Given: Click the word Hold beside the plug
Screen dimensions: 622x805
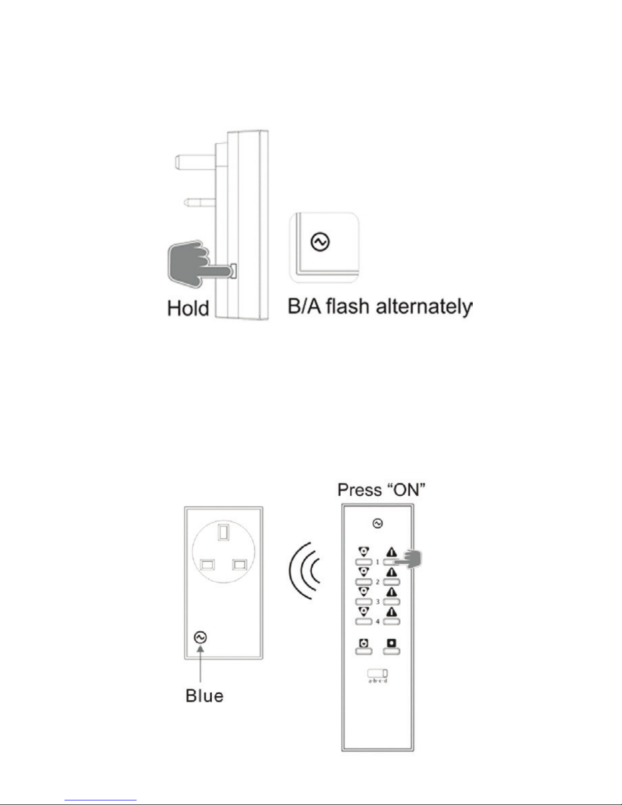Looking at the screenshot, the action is [x=188, y=308].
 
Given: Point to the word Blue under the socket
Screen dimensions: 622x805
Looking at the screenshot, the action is [x=204, y=696].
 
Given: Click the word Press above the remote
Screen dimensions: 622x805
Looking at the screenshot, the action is [x=359, y=490].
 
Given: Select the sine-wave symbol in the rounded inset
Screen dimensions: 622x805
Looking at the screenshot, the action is [x=320, y=242].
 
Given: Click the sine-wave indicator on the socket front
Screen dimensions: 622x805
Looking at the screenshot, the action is [x=200, y=637].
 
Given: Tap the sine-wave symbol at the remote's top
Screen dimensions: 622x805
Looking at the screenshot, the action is [x=378, y=524].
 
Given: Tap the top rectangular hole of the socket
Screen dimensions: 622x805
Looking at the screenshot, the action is [x=223, y=532].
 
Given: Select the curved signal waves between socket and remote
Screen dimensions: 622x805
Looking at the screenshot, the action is [x=304, y=571].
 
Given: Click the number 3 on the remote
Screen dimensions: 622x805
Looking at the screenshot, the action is [x=378, y=602].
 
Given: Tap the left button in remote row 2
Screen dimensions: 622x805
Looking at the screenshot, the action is [x=364, y=582].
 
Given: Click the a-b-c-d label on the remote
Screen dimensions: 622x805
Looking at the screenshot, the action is [x=378, y=681].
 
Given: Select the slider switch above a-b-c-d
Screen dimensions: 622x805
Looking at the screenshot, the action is [x=378, y=673].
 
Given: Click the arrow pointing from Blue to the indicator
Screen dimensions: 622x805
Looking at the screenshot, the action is [x=200, y=663].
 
